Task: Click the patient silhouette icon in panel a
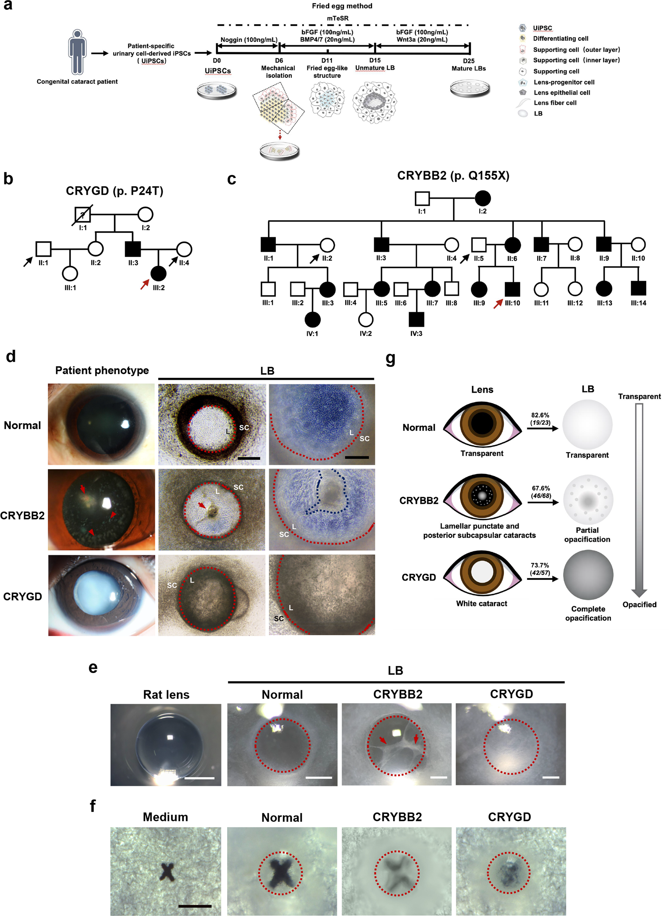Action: click(77, 52)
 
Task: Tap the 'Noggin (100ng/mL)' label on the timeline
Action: click(249, 40)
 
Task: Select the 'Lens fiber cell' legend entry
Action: click(555, 103)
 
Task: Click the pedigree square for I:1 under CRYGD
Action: click(83, 215)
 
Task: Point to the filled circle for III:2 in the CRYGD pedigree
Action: click(158, 274)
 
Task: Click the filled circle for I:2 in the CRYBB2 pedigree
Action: click(482, 198)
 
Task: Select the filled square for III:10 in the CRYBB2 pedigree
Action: click(512, 289)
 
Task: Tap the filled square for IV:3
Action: click(416, 320)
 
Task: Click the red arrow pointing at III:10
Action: click(498, 304)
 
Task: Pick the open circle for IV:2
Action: click(366, 320)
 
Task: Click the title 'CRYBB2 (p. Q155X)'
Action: click(453, 176)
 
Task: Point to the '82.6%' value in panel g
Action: click(540, 415)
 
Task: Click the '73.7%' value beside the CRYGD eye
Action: click(540, 565)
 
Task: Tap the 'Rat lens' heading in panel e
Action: click(166, 695)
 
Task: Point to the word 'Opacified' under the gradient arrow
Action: click(639, 605)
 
